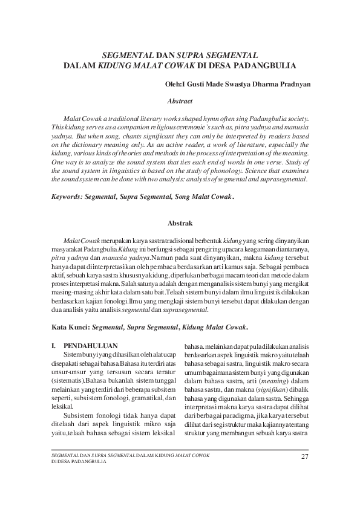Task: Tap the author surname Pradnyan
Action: pos(292,85)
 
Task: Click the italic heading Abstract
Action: pos(180,101)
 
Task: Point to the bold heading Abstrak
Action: pos(180,223)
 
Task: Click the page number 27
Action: pos(304,456)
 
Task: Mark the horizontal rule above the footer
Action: pos(180,449)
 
